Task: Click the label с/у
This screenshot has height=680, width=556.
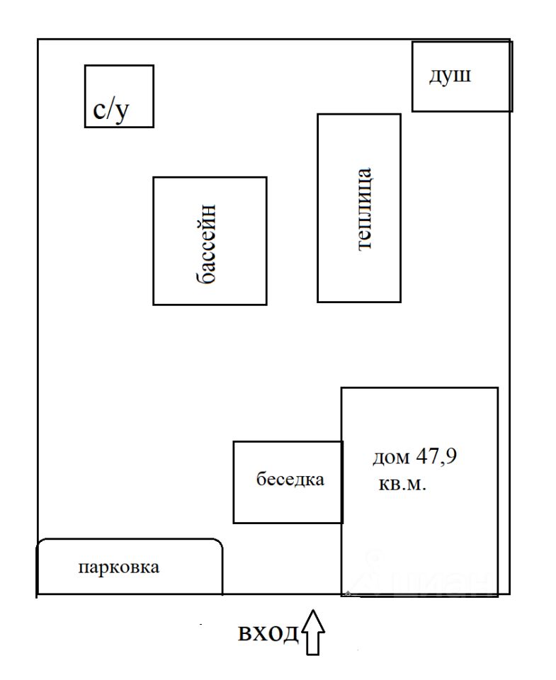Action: pyautogui.click(x=111, y=110)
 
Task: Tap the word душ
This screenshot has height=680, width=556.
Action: pyautogui.click(x=450, y=76)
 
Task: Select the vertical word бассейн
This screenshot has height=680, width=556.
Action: pyautogui.click(x=206, y=244)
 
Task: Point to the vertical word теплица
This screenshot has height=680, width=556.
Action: pyautogui.click(x=364, y=208)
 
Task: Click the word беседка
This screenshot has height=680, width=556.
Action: pyautogui.click(x=290, y=479)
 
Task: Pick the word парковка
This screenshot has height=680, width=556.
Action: pyautogui.click(x=119, y=567)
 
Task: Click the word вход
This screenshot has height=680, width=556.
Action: pyautogui.click(x=268, y=633)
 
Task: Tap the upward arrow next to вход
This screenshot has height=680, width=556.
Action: pyautogui.click(x=313, y=632)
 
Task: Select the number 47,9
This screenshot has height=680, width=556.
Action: pyautogui.click(x=437, y=457)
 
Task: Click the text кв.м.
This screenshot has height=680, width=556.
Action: pyautogui.click(x=402, y=484)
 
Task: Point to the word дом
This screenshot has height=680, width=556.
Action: pyautogui.click(x=391, y=458)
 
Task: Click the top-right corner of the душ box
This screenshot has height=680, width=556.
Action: pyautogui.click(x=512, y=42)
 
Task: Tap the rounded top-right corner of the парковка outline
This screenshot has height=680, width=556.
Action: pyautogui.click(x=219, y=543)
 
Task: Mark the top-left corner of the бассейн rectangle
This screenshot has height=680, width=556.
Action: pyautogui.click(x=154, y=177)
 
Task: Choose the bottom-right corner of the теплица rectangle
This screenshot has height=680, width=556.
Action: pyautogui.click(x=400, y=302)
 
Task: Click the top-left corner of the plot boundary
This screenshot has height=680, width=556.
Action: pyautogui.click(x=38, y=40)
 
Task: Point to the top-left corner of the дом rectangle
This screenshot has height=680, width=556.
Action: pyautogui.click(x=342, y=388)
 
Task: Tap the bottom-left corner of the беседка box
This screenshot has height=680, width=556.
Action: pyautogui.click(x=234, y=523)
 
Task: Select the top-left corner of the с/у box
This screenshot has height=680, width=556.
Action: pyautogui.click(x=85, y=66)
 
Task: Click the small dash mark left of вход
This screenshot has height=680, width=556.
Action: pyautogui.click(x=200, y=624)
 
